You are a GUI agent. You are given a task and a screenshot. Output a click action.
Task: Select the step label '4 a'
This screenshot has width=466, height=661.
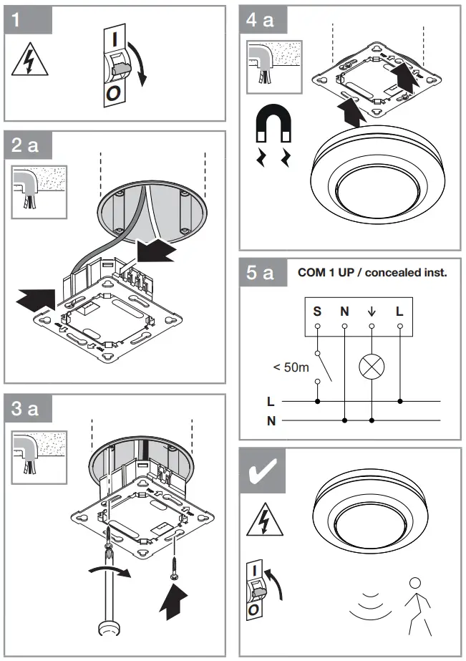pos(263,21)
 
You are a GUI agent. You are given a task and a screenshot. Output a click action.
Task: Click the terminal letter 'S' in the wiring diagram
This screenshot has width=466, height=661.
pos(316,312)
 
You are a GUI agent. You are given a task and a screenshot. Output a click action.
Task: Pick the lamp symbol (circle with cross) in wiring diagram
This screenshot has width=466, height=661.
pos(372,365)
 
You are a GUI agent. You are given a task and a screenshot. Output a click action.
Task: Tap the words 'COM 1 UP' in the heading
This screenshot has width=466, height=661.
pos(324,273)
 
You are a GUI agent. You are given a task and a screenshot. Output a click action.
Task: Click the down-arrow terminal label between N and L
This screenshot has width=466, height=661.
pos(372,312)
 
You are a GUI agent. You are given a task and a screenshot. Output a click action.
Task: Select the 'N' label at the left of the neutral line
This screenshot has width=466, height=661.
pos(271,421)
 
